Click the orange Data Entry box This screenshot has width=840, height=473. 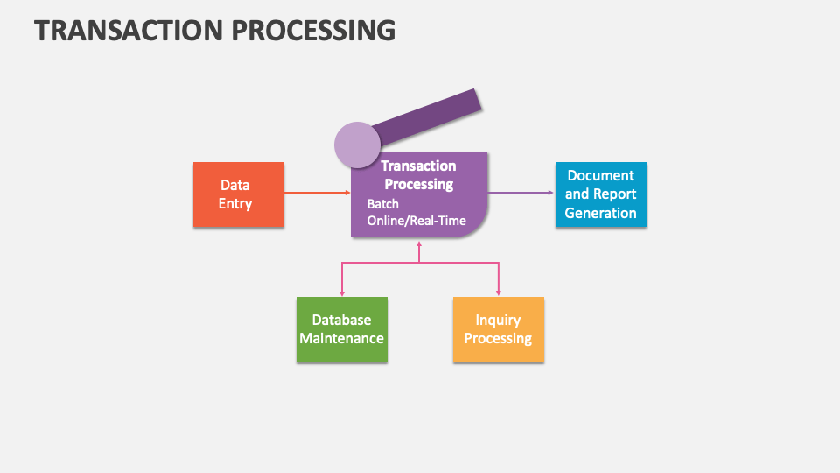coord(238,194)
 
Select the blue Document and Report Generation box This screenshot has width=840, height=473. coord(600,194)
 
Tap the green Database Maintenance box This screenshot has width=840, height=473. coord(341,329)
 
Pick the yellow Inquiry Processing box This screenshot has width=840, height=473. coord(498,329)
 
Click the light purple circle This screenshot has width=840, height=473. coord(357,145)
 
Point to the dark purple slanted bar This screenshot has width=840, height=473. coord(430,116)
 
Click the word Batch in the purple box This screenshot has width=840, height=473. coord(382,204)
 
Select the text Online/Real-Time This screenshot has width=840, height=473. coord(416,221)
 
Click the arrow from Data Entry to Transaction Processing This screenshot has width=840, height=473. coord(317,193)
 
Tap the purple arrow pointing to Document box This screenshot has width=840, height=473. coord(521,193)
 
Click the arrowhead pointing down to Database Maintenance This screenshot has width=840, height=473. coord(341,293)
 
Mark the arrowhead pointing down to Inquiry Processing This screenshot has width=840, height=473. coord(499,293)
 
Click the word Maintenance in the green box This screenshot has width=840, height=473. coord(341,338)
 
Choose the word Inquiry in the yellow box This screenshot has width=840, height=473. coord(498,321)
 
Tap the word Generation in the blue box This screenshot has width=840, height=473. coord(600,213)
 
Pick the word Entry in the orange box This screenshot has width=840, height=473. coord(234,203)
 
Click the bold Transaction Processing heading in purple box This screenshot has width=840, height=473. coord(418,175)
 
